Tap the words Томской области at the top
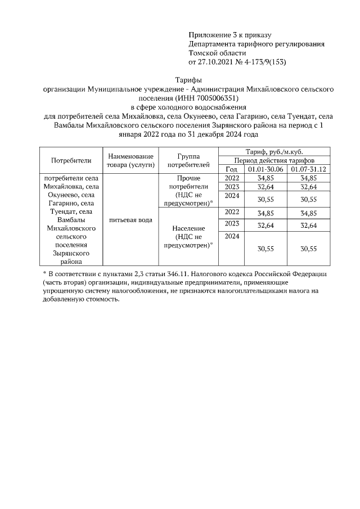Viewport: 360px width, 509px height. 214,53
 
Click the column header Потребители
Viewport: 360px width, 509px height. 71,160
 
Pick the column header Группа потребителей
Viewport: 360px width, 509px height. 188,160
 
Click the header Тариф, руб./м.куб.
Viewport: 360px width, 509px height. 274,152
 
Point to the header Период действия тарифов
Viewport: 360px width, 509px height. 274,160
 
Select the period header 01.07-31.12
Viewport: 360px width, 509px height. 308,169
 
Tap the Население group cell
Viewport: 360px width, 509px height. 188,237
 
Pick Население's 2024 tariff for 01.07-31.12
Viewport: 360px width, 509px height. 308,249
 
